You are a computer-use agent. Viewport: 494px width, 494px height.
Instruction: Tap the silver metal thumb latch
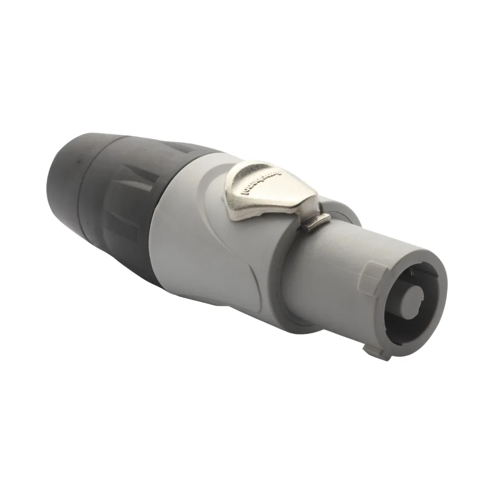270,191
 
